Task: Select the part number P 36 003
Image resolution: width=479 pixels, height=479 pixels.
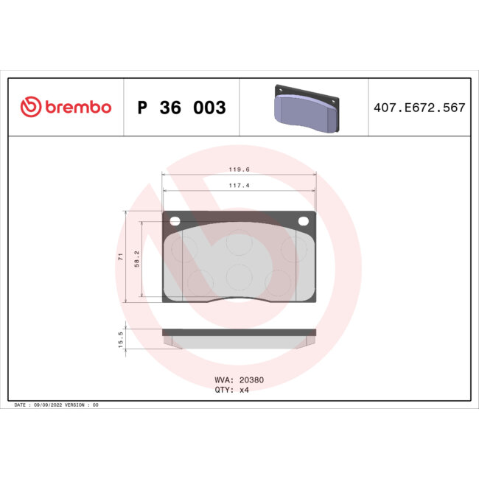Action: pyautogui.click(x=181, y=108)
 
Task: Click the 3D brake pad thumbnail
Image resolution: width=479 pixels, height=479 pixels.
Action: pyautogui.click(x=305, y=108)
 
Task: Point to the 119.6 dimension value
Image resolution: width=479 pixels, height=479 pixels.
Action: pyautogui.click(x=239, y=169)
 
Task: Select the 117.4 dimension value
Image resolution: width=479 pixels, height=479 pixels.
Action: pyautogui.click(x=239, y=185)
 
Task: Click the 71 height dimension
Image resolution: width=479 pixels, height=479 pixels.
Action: pyautogui.click(x=120, y=256)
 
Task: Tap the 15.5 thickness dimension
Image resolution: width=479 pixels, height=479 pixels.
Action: pyautogui.click(x=120, y=339)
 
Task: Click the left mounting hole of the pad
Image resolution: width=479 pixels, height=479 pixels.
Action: pyautogui.click(x=175, y=220)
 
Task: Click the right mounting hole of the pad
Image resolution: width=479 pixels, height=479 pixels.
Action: pyautogui.click(x=302, y=220)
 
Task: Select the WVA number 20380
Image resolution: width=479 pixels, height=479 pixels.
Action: pyautogui.click(x=250, y=380)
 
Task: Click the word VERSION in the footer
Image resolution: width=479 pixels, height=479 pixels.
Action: pyautogui.click(x=76, y=405)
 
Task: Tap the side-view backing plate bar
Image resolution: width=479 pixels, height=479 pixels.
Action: pyautogui.click(x=239, y=332)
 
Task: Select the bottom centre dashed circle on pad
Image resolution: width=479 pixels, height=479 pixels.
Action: pyautogui.click(x=239, y=277)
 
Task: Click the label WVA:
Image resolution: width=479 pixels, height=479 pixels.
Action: pyautogui.click(x=223, y=380)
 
